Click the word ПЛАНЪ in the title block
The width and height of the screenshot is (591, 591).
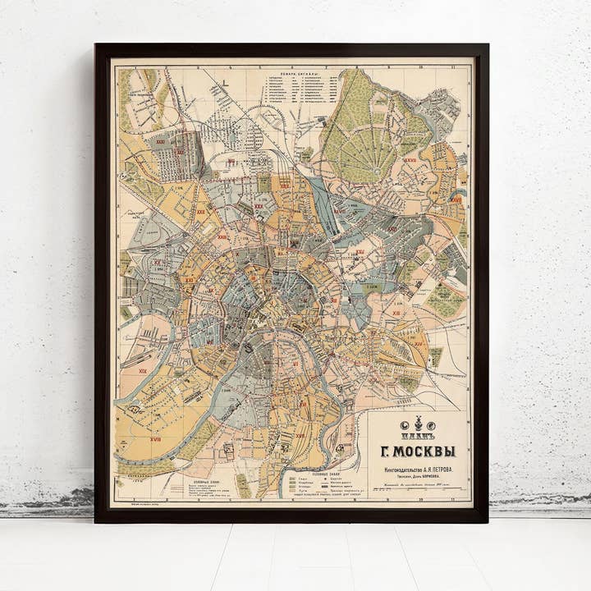coord(419,435)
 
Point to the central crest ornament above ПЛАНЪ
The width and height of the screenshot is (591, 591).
coord(419,424)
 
